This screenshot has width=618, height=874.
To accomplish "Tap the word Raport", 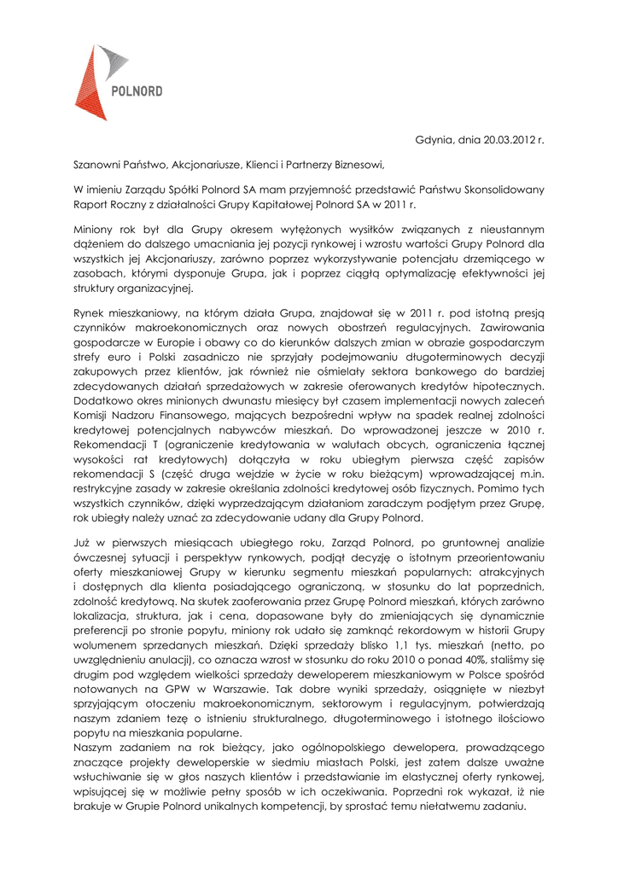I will pyautogui.click(x=90, y=204).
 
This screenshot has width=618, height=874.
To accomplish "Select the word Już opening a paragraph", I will pyautogui.click(x=82, y=543).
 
